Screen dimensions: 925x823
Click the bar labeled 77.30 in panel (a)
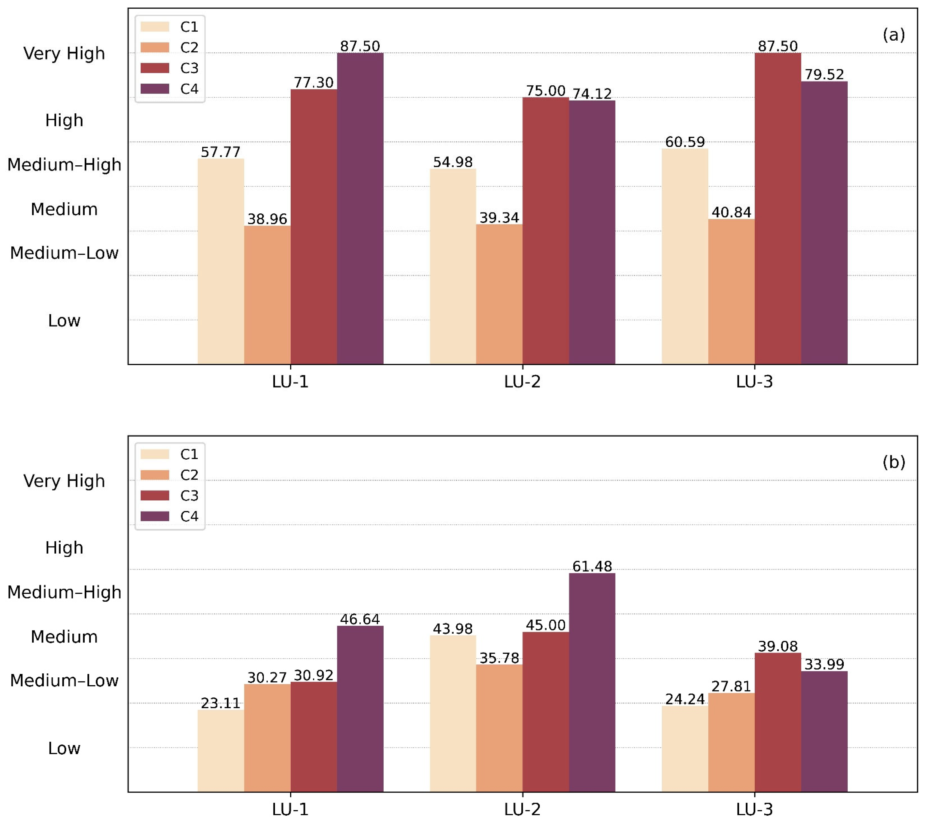click(313, 227)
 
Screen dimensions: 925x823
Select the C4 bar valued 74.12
click(592, 232)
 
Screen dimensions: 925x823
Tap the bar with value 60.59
click(685, 256)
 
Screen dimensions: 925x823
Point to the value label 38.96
click(267, 219)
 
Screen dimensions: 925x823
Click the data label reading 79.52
click(824, 74)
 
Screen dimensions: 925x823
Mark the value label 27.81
click(731, 686)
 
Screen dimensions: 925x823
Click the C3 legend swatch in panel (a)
click(155, 68)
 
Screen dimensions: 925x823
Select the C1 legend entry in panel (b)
click(169, 454)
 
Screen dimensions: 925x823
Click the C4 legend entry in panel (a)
click(169, 89)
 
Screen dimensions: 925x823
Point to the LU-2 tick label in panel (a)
click(522, 382)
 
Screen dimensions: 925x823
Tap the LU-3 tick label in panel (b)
click(754, 809)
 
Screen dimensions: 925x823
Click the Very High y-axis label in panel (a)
click(64, 53)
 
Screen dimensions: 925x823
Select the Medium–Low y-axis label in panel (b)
click(64, 680)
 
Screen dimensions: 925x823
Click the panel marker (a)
click(894, 34)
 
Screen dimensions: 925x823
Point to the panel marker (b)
click(894, 462)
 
